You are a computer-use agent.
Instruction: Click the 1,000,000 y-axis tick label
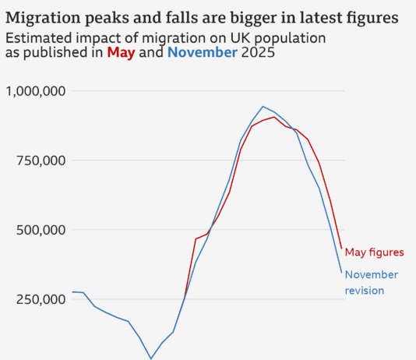35,91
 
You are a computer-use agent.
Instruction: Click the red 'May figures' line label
374,252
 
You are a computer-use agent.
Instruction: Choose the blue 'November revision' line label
372,282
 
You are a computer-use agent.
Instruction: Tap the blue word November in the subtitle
203,53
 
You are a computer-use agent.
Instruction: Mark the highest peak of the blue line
263,106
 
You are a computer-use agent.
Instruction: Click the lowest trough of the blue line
151,358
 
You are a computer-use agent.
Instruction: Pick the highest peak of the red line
274,117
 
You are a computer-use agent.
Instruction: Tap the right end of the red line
341,249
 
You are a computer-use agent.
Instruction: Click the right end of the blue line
341,272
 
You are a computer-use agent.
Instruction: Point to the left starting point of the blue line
72,292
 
